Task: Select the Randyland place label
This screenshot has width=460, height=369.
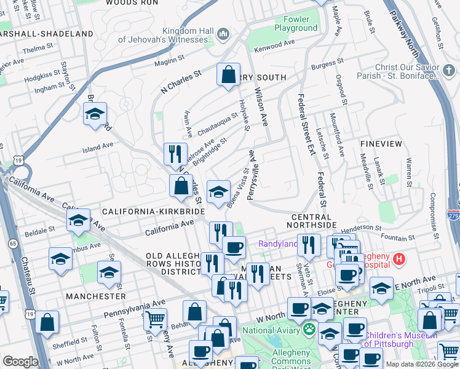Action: click(x=277, y=244)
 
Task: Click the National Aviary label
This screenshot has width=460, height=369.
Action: click(x=272, y=330)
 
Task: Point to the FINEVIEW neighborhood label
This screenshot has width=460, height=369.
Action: click(x=381, y=144)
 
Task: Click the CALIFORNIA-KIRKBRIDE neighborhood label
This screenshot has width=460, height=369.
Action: click(x=153, y=211)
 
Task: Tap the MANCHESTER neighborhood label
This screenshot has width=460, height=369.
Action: click(x=97, y=296)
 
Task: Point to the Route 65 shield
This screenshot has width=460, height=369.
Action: click(x=12, y=227)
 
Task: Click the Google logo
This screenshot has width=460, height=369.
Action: click(x=20, y=362)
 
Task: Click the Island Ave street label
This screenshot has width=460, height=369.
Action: click(x=98, y=147)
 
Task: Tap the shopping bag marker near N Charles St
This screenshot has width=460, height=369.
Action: click(x=228, y=75)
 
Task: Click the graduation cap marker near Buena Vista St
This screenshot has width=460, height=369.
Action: click(x=218, y=191)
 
